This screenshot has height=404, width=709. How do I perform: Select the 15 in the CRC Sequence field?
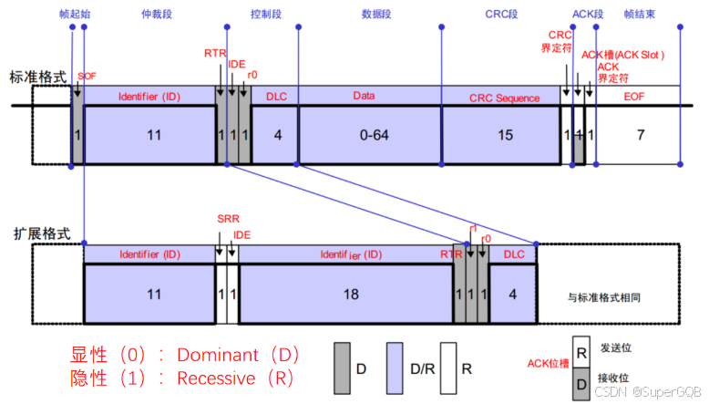(504, 135)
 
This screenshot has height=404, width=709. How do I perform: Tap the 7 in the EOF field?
(640, 135)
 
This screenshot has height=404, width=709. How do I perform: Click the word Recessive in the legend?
(222, 378)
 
